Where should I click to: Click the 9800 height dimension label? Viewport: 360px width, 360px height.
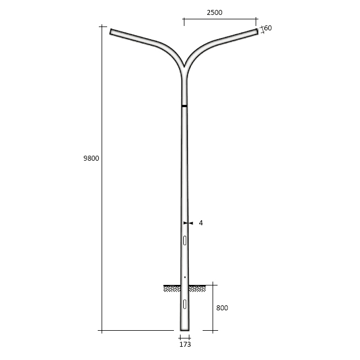91,158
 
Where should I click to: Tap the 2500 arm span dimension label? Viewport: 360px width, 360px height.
214,12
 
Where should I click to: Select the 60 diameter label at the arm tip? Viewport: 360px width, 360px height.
268,28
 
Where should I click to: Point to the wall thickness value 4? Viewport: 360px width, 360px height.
201,223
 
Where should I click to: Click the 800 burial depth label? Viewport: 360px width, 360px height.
222,308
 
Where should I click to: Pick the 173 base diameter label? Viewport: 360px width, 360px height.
185,345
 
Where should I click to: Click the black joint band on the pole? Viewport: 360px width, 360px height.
184,106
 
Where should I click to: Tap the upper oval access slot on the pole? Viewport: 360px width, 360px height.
184,240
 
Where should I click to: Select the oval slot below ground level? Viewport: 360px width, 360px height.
184,304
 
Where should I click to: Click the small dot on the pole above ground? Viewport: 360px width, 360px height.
185,277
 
